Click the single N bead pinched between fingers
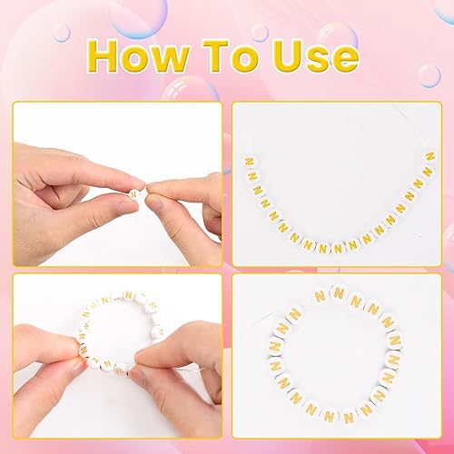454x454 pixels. click(x=135, y=193)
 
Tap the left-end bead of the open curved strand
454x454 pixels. click(x=249, y=162)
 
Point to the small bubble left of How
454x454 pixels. click(x=61, y=33)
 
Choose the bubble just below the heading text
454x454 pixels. click(x=186, y=88)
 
